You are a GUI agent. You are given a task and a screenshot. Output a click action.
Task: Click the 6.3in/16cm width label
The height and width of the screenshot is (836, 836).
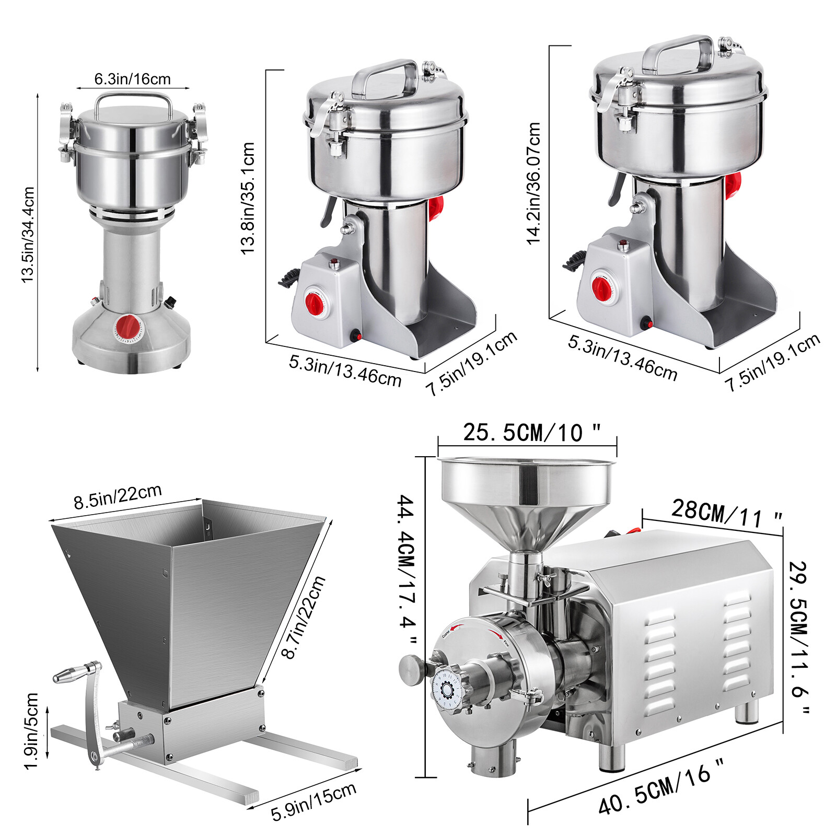point(132,79)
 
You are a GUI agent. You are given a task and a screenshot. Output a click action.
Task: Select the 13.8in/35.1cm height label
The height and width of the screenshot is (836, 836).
point(248,198)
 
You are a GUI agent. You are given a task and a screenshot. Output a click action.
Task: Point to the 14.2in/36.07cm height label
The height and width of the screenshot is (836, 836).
point(533,183)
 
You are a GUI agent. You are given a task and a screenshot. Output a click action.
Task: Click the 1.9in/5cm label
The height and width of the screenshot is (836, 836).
point(32,730)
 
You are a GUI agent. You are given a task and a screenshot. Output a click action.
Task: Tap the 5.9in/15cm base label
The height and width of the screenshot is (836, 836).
point(313,802)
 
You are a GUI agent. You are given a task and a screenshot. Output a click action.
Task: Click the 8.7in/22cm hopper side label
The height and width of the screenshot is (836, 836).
point(303,617)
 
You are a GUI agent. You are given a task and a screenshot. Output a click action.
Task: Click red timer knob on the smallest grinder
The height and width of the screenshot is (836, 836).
point(129,327)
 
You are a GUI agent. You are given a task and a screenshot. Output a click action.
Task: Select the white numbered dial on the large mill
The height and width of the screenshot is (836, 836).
point(447,690)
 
